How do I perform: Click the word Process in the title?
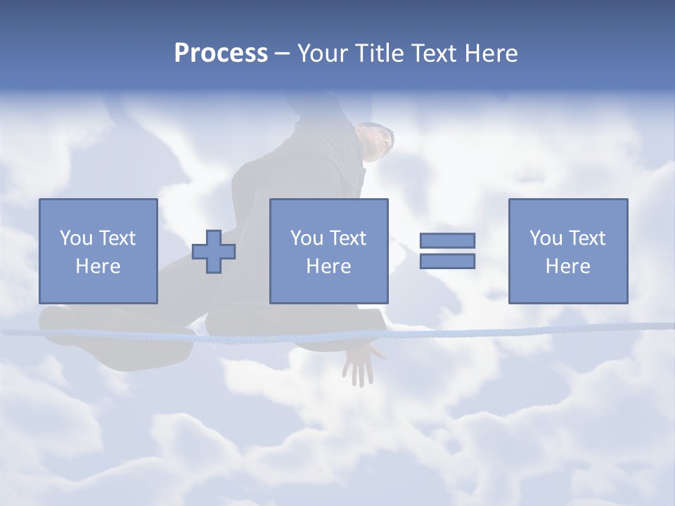(221, 53)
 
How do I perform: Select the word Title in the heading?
(379, 53)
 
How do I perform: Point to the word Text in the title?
(435, 53)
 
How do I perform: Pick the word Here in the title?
(491, 53)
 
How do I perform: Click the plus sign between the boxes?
(214, 252)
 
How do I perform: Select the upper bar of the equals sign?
(447, 240)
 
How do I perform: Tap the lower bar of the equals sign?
(447, 261)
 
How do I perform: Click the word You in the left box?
(76, 238)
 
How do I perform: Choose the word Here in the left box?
(98, 266)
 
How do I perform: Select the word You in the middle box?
(307, 238)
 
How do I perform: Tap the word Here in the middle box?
(328, 266)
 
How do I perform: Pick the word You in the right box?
(546, 238)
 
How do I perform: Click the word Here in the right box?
(567, 266)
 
